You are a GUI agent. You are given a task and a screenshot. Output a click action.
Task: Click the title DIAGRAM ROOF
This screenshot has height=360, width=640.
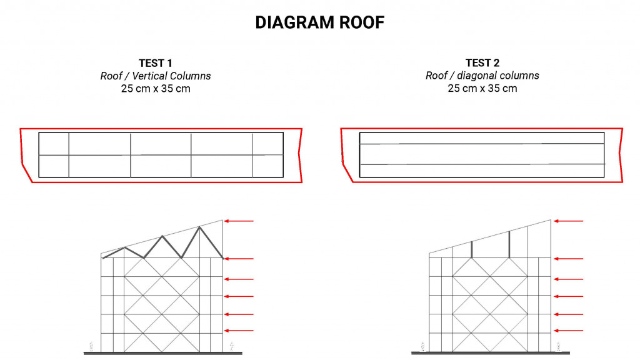[x=319, y=22]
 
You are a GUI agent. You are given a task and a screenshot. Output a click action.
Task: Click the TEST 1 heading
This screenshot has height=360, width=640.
[x=156, y=62]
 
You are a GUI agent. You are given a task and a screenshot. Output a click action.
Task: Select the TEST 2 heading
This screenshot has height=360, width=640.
[x=482, y=62]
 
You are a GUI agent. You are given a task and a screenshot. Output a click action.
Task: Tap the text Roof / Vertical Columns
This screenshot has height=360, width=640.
[x=156, y=76]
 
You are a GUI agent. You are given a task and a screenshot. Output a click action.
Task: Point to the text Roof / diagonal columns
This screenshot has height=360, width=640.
[x=482, y=76]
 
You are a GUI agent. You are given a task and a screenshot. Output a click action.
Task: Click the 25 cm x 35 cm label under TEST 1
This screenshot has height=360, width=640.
[x=156, y=89]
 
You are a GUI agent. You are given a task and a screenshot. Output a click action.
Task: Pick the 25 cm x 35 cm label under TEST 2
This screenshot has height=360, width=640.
[x=482, y=89]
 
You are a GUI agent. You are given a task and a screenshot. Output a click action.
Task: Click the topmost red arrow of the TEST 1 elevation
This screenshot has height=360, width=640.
[x=239, y=221]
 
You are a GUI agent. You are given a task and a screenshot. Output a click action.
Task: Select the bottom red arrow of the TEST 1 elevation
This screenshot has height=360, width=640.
[x=239, y=331]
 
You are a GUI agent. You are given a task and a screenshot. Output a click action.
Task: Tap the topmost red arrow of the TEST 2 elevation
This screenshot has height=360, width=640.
[x=568, y=221]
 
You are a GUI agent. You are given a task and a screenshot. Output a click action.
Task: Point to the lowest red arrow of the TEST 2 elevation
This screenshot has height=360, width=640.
[x=568, y=331]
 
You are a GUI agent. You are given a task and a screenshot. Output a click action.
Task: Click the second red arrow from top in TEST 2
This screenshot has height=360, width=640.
[x=568, y=259]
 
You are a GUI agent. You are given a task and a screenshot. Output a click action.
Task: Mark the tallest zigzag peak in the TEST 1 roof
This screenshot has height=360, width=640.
[x=200, y=227]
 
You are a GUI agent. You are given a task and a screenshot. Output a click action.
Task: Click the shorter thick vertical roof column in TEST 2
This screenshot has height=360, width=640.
[x=472, y=249]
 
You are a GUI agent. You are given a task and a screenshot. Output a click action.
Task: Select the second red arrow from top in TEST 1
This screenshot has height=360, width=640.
[x=239, y=259]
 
